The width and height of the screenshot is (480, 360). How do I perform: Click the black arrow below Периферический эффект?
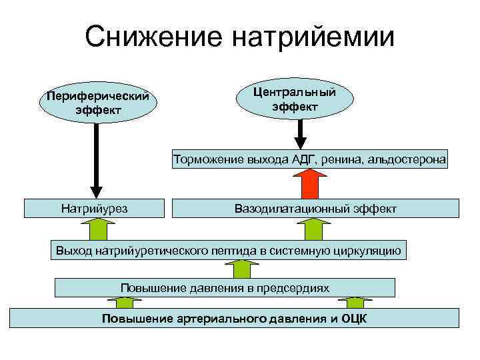[x=96, y=160]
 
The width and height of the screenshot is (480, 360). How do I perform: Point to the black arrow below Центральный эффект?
[x=301, y=133]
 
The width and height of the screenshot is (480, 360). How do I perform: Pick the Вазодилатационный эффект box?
[x=315, y=209]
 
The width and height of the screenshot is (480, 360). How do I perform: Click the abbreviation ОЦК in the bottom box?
[x=354, y=318]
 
